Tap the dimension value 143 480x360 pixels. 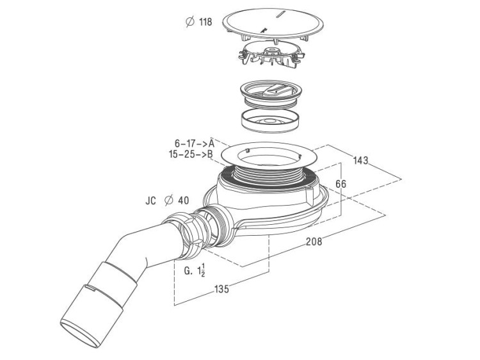click(x=360, y=160)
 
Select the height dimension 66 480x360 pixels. click(x=341, y=184)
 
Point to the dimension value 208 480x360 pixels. click(x=314, y=241)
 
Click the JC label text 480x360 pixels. click(x=151, y=200)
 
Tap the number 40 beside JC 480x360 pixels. click(x=183, y=200)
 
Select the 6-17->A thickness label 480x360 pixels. click(x=193, y=143)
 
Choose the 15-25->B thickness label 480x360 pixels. click(x=191, y=154)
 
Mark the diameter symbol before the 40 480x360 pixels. click(x=169, y=200)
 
